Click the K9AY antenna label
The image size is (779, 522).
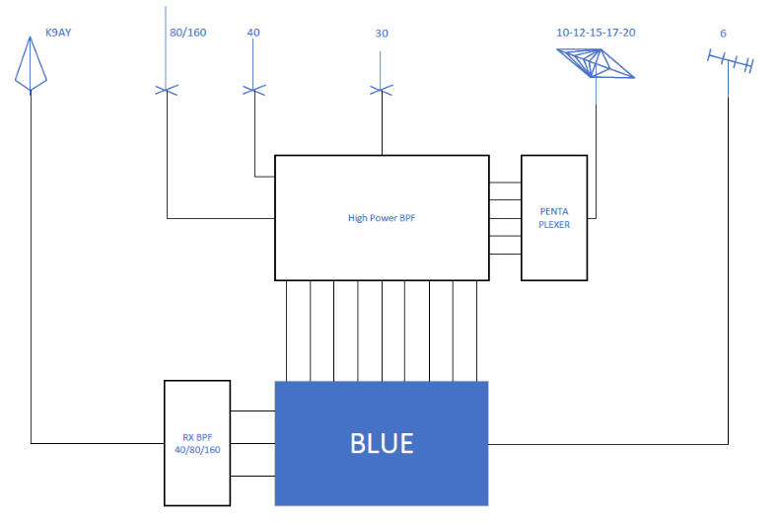point(58,33)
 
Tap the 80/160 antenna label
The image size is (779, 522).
point(187,33)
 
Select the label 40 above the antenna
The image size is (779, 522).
point(253,33)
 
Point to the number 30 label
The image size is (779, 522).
point(382,34)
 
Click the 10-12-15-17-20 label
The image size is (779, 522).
point(596,33)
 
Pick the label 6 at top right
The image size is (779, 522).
point(724,34)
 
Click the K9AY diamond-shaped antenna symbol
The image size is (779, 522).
point(31,63)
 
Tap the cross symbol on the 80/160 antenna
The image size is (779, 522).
point(167,90)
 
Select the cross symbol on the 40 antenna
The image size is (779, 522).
point(253,90)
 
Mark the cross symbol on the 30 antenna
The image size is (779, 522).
point(382,90)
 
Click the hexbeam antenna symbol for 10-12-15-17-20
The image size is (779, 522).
point(596,63)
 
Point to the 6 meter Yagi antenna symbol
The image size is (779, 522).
point(730,62)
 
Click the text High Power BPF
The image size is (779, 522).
point(382,218)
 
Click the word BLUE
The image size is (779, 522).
point(382,443)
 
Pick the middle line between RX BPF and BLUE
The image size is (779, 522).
point(252,443)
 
